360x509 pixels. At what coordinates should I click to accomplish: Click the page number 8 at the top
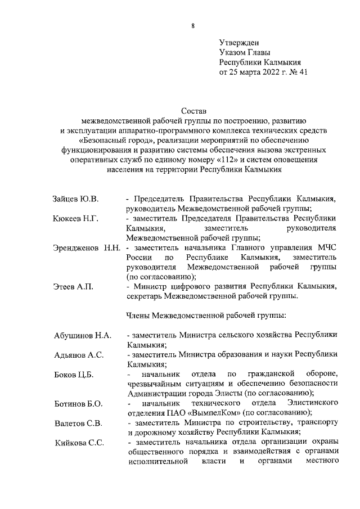192,25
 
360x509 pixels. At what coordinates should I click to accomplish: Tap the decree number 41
304,72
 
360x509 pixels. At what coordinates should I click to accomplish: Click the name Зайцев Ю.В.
76,199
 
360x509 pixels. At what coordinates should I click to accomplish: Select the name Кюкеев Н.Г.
76,219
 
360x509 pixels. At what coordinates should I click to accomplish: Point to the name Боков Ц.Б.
74,375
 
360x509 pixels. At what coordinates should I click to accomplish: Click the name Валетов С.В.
78,423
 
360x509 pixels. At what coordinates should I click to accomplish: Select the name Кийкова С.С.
79,443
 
